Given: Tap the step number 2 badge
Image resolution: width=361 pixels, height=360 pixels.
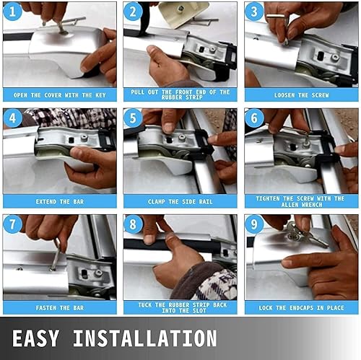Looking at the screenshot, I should pos(133,12).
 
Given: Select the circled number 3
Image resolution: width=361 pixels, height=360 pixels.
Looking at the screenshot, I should pos(254,12).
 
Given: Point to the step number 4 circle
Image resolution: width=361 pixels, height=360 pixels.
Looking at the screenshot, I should pos(12,118).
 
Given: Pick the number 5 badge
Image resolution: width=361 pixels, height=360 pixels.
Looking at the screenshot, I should pos(133,118).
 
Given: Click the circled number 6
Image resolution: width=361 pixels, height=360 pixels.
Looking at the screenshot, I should pos(254,118).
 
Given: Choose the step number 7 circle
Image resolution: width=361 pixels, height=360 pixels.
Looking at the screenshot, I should pos(12,224).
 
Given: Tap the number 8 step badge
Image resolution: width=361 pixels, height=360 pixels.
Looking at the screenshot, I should pos(133,224).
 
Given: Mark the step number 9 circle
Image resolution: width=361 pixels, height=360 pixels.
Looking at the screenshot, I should pos(254,224).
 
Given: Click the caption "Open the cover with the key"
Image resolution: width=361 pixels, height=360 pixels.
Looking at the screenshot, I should pos(59,95).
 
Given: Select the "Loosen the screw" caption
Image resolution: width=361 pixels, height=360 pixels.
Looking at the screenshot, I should pos(301,95).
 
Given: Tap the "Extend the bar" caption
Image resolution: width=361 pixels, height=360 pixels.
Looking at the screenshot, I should pos(59,201).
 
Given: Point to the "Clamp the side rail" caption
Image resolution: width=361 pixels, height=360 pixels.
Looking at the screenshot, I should pos(180,201).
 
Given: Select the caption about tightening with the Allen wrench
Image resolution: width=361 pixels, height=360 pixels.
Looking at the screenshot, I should pos(301,201).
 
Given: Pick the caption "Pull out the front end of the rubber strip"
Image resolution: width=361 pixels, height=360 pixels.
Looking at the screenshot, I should pos(180,95).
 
